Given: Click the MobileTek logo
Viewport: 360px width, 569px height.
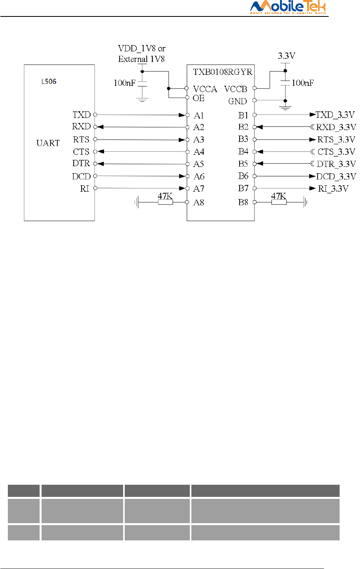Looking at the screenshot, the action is (288, 7).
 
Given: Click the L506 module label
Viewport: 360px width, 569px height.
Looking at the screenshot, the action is (49, 82).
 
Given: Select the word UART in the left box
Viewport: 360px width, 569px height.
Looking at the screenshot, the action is (48, 143).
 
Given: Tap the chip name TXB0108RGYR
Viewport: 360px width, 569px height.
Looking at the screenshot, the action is (223, 72).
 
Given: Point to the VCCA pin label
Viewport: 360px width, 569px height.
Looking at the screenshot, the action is (205, 89).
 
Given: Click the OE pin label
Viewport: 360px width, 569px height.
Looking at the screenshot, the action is (198, 98).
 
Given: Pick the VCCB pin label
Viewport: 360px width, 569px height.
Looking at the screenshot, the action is (236, 89).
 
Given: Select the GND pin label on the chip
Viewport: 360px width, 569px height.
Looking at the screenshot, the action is (238, 101).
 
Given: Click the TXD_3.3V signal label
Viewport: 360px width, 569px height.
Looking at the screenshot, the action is (335, 115).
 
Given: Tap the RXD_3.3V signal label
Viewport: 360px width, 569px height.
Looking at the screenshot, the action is (336, 127).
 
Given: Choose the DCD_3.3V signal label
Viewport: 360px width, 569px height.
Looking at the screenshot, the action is (336, 176).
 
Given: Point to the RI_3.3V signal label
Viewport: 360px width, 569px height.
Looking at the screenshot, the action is (333, 189).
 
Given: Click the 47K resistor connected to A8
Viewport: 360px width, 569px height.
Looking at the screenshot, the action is (165, 202).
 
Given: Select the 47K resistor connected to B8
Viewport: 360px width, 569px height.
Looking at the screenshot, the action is (279, 202).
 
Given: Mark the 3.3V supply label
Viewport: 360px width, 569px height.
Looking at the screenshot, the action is (287, 56).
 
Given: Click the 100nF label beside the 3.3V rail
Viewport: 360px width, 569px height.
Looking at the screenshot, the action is (303, 83).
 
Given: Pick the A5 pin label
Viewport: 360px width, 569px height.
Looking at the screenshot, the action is (199, 164).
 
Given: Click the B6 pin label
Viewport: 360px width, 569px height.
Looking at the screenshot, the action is (243, 176).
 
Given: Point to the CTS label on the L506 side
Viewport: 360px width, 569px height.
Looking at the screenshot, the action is (81, 152).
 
